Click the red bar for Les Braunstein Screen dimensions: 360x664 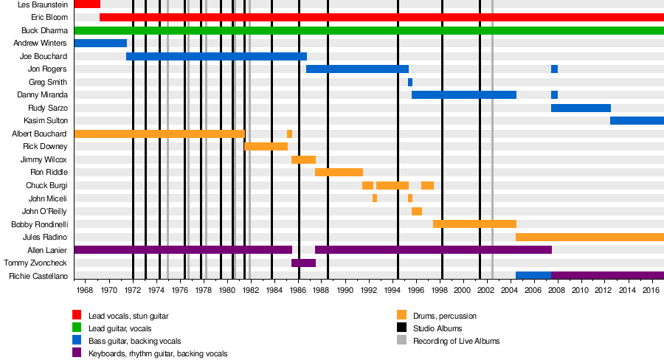pos(87,4)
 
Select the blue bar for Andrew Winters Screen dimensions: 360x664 pos(100,44)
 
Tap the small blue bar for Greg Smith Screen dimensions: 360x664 pos(410,82)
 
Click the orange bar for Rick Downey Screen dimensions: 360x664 pos(266,146)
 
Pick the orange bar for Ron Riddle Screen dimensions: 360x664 pos(339,172)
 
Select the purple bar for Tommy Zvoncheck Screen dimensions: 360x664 pos(303,263)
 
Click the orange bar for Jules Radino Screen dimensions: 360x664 pos(589,237)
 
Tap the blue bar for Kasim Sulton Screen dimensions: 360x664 pos(637,120)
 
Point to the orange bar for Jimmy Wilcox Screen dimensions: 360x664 pos(303,159)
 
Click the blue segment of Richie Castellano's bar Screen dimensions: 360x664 pos(533,275)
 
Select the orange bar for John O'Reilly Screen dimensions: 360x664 pos(417,211)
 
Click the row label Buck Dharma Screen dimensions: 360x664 pos(44,30)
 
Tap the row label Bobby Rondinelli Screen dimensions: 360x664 pos(39,224)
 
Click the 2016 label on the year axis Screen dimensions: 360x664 pos(651,291)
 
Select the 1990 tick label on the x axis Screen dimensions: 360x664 pos(345,291)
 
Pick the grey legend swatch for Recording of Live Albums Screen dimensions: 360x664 pos(402,341)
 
